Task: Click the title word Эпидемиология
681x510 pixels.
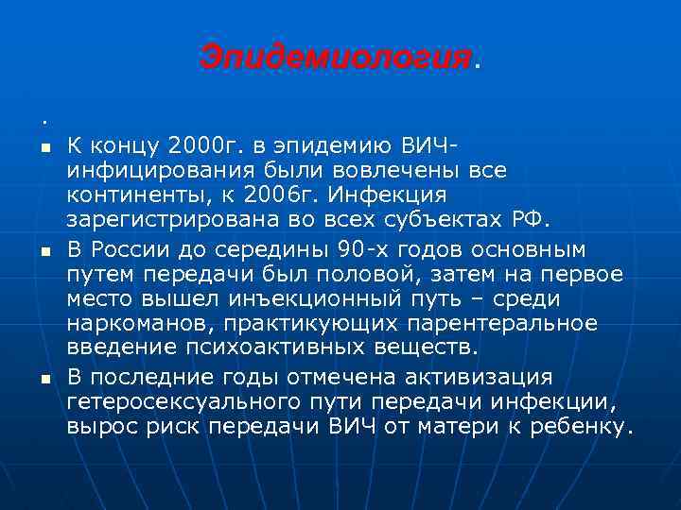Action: point(335,58)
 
